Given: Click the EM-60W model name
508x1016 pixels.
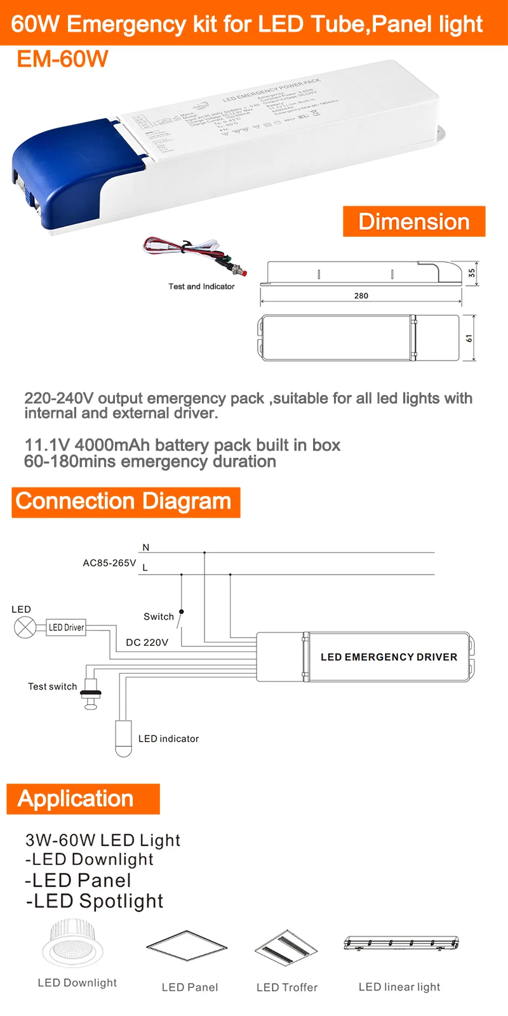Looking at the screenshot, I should [62, 60].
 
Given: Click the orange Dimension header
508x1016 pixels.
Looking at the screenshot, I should [414, 222].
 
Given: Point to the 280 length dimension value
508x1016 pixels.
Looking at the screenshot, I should [361, 296].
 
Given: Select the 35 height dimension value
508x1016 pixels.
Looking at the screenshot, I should [471, 273].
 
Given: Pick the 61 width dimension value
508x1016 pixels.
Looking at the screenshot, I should [469, 338].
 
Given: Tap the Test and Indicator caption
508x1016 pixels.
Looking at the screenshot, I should [201, 287].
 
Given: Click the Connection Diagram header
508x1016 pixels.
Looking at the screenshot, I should [125, 502].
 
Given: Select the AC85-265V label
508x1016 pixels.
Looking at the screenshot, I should [109, 563].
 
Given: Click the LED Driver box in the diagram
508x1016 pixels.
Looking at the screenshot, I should [66, 628].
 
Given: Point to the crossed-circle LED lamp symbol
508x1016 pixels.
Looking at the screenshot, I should [24, 628].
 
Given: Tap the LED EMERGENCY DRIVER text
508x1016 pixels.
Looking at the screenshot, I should [389, 657].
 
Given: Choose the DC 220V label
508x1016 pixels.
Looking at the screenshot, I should [147, 643].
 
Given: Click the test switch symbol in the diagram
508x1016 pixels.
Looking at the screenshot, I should [91, 694].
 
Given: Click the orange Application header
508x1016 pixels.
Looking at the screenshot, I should [83, 799].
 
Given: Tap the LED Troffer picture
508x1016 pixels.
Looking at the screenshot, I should [286, 947].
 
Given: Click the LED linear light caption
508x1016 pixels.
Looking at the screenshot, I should [399, 987].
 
